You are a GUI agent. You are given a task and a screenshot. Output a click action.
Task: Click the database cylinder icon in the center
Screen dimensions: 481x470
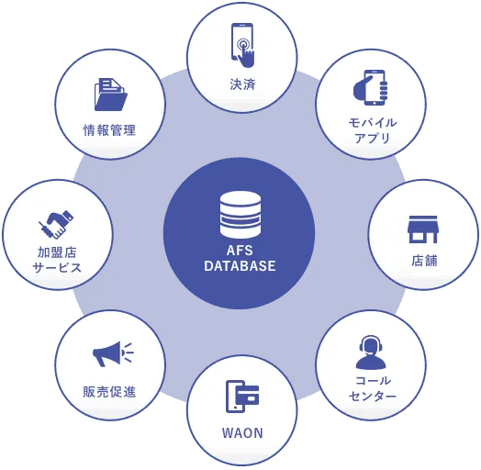[240, 215]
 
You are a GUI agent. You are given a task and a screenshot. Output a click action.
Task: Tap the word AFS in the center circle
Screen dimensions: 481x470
[240, 251]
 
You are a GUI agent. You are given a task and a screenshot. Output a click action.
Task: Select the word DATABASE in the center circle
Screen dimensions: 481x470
[240, 265]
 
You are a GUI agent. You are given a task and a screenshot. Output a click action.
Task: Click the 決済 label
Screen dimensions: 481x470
[242, 84]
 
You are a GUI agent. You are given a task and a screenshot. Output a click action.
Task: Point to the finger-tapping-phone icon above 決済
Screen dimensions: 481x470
[242, 45]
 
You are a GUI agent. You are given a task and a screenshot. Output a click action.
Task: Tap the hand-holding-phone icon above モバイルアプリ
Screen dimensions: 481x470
[371, 88]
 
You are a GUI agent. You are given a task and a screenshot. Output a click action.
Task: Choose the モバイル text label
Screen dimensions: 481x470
[373, 123]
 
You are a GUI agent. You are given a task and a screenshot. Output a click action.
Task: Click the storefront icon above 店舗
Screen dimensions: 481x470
[423, 229]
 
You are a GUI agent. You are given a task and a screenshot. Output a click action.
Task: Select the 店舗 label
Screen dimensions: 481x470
[424, 261]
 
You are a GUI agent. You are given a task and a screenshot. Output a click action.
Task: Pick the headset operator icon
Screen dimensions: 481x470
[371, 352]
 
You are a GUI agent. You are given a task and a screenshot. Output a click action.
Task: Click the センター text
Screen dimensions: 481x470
[373, 396]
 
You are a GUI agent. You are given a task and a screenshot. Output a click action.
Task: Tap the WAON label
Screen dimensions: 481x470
[242, 433]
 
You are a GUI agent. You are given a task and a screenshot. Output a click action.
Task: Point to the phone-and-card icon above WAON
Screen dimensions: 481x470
[242, 396]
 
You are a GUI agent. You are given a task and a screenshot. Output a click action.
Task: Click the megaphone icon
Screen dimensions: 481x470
[113, 354]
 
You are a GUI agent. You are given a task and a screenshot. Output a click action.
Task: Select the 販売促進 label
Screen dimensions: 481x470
[109, 392]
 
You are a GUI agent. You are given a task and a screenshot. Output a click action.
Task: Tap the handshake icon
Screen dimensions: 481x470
[56, 224]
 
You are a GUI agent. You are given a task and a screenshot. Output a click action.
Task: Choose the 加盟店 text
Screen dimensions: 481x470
[57, 252]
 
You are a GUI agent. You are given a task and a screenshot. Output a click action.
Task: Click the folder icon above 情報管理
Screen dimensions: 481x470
[111, 95]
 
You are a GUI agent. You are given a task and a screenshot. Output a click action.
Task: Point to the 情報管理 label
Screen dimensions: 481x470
[109, 130]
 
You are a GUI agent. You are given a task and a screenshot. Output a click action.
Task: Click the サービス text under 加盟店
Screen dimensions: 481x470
[57, 268]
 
